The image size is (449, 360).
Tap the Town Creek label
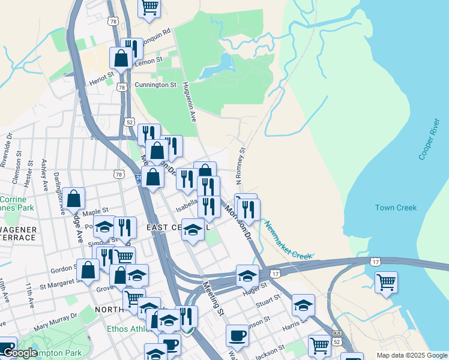pyautogui.click(x=396, y=208)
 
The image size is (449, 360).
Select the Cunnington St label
pyautogui.click(x=155, y=85)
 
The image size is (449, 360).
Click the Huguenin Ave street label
pyautogui.click(x=190, y=103)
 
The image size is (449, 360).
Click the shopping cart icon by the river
pyautogui.click(x=386, y=281)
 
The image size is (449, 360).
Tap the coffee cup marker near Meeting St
pyautogui.click(x=237, y=335)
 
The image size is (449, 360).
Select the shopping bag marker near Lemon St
pyautogui.click(x=121, y=58)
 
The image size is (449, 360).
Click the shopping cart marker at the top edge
pyautogui.click(x=149, y=7)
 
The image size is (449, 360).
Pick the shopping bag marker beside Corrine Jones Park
pyautogui.click(x=73, y=199)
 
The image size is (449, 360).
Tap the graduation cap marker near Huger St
pyautogui.click(x=247, y=275)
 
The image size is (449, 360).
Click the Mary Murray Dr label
pyautogui.click(x=56, y=322)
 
